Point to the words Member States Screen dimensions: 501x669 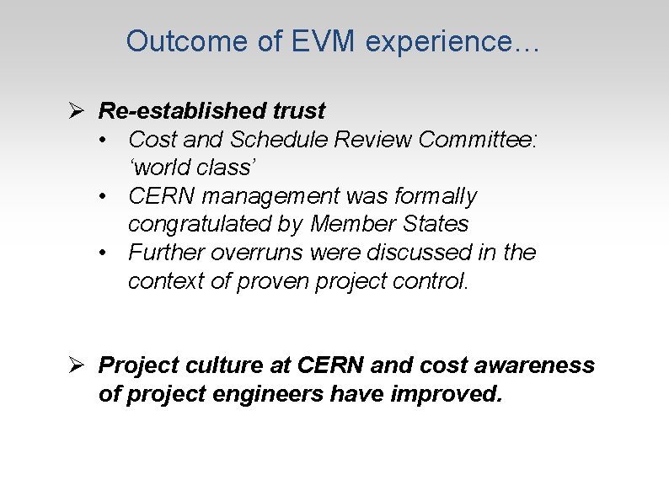pyautogui.click(x=389, y=224)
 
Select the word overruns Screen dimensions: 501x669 pyautogui.click(x=267, y=253)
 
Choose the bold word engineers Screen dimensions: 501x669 pyautogui.click(x=265, y=394)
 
